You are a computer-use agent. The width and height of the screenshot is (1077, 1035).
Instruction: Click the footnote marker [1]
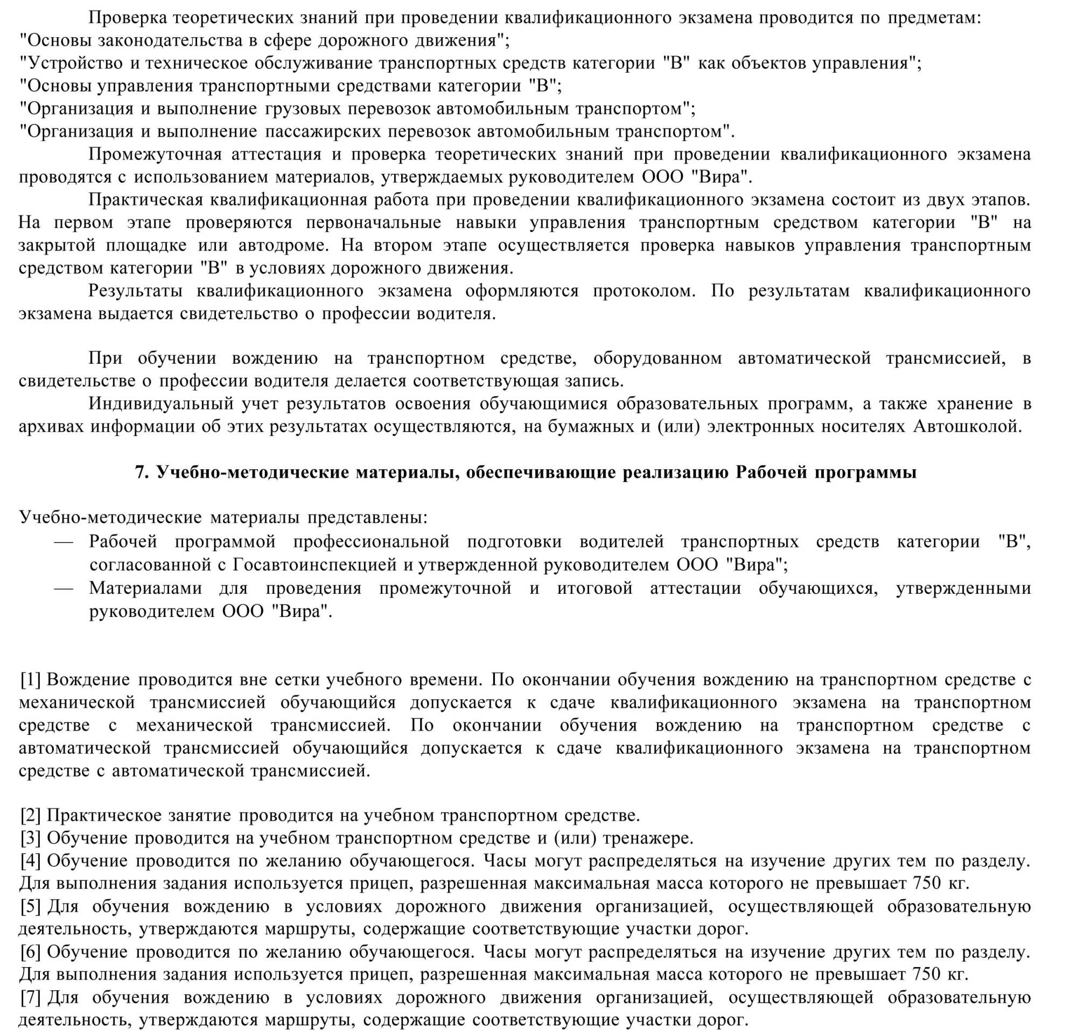(31, 680)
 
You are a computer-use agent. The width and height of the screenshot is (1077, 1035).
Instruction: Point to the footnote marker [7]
(31, 997)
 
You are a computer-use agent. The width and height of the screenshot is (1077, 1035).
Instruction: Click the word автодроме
(284, 245)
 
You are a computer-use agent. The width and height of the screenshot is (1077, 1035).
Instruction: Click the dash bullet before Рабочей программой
(64, 542)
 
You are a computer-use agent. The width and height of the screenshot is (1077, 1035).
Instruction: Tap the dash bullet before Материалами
(64, 588)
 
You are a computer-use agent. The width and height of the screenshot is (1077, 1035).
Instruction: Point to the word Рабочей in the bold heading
(771, 472)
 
